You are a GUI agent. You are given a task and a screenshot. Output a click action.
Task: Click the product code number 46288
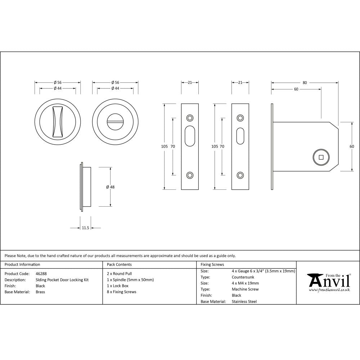41,274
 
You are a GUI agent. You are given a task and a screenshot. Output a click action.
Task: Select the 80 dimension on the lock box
305,83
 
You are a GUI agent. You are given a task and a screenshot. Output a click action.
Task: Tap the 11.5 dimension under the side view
85,228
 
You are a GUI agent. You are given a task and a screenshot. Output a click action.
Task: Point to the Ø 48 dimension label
110,187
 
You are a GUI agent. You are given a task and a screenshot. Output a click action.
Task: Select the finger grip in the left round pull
58,122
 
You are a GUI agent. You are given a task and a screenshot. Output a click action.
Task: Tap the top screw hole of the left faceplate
190,118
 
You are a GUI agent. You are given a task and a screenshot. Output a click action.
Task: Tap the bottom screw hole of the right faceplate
240,175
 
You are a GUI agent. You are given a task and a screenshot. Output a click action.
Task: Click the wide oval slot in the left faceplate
190,136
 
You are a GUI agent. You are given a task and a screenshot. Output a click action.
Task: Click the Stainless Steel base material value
244,302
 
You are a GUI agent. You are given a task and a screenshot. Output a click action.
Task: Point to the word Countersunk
243,277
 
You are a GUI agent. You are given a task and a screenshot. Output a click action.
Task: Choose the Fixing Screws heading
212,265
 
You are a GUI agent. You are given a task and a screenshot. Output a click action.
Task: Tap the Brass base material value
40,292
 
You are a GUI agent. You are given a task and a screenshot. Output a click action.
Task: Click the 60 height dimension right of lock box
352,147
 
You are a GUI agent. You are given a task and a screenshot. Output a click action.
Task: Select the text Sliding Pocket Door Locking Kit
62,280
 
